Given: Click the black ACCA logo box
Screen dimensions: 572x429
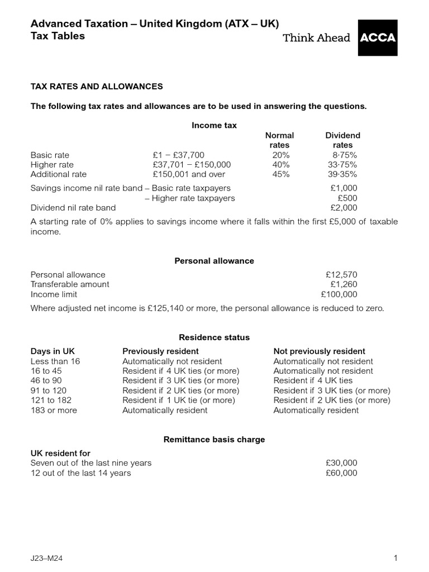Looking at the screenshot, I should point(378,38).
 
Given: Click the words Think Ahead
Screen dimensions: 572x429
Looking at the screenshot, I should point(317,38).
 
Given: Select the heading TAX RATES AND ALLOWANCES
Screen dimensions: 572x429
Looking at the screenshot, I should point(97,87).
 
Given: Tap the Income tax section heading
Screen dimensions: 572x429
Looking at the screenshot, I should point(214,126).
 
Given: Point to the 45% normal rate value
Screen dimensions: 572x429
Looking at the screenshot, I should point(280,174).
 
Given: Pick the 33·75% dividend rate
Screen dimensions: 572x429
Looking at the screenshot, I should point(342,165).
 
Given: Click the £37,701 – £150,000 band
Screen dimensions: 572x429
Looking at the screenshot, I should point(191,165).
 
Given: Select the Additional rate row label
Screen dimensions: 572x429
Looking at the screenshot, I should point(59,174).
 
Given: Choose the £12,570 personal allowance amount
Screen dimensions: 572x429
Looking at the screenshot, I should point(341,275).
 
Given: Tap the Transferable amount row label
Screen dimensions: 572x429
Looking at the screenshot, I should point(70,284).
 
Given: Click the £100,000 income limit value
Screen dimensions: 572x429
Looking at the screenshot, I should point(339,294).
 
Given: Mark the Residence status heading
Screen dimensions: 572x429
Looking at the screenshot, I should point(214,337).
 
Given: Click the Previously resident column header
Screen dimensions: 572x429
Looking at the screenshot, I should point(160,351).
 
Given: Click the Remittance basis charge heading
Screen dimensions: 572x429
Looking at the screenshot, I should point(214,440).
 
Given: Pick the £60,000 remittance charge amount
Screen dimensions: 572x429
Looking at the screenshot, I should point(341,473).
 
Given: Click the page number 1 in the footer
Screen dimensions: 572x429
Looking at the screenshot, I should point(395,558).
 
